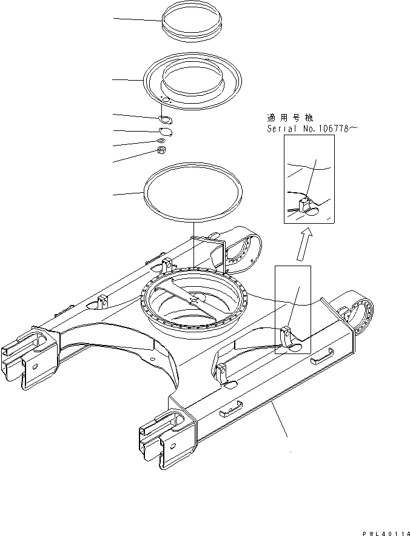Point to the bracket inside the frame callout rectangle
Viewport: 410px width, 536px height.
click(x=289, y=335)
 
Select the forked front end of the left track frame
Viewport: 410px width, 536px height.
click(x=24, y=363)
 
